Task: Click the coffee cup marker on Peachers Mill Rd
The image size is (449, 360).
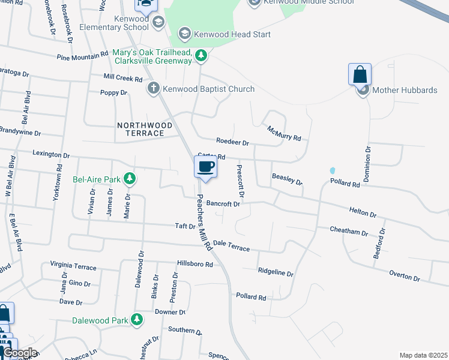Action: point(205,167)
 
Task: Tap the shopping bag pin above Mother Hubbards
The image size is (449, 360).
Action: point(360,76)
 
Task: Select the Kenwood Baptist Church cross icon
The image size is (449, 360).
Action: point(153,89)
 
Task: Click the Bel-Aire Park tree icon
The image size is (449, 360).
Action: point(128,179)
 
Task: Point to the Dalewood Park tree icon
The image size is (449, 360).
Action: point(137,320)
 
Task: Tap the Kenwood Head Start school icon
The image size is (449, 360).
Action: point(185,34)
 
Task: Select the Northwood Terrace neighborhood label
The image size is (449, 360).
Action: point(144,129)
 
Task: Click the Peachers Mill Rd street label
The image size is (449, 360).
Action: point(205,222)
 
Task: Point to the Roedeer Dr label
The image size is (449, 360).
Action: point(232,143)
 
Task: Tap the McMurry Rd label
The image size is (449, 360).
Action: point(284,133)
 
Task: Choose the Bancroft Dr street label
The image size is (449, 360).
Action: point(223,204)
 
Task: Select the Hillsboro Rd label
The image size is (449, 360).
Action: point(194,264)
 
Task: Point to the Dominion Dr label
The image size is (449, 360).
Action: point(367,163)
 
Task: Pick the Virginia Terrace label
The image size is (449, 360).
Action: point(73,265)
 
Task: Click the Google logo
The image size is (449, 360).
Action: point(19,353)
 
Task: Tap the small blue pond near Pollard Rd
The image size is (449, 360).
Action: point(332,170)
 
